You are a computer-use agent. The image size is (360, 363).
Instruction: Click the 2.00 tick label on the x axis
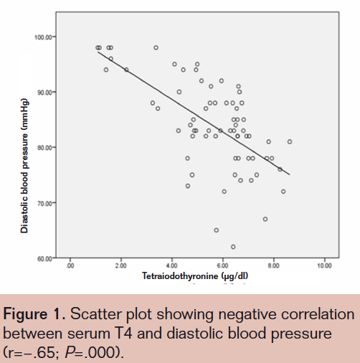point(120,265)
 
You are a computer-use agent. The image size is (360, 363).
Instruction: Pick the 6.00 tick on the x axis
point(222,265)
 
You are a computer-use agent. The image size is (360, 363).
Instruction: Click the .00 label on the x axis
point(70,265)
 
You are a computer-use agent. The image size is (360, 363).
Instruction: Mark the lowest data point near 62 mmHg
point(233,247)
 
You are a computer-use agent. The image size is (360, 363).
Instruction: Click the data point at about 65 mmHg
point(216,230)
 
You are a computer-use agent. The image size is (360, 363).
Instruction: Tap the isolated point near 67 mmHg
point(265,219)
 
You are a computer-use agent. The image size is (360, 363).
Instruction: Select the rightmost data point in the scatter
point(290,141)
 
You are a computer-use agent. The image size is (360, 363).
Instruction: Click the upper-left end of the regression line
point(98,52)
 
